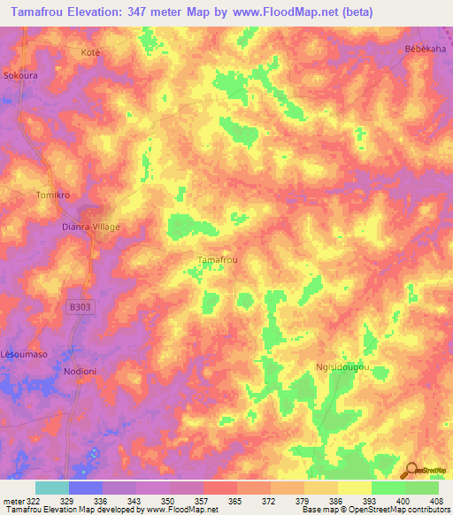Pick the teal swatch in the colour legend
(x=52, y=488)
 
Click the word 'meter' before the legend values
(x=12, y=500)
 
